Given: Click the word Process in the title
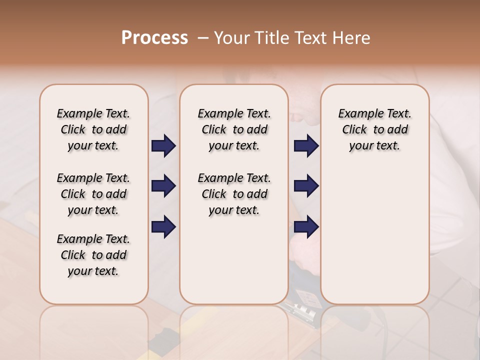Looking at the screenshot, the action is pyautogui.click(x=154, y=38).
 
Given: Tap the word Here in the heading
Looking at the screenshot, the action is pyautogui.click(x=352, y=38).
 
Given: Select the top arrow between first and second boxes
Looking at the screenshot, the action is pyautogui.click(x=163, y=145).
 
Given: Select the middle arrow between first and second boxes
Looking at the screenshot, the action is pyautogui.click(x=163, y=186).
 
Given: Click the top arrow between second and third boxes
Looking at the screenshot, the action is pyautogui.click(x=306, y=145).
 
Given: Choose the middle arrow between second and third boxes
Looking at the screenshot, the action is pyautogui.click(x=306, y=186).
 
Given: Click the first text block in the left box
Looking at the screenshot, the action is pyautogui.click(x=93, y=129).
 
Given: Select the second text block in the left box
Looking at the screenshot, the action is pyautogui.click(x=93, y=194).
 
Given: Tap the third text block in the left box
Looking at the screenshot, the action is pyautogui.click(x=93, y=255).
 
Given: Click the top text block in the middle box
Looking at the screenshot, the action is pyautogui.click(x=234, y=129).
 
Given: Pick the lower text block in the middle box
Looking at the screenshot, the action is pyautogui.click(x=234, y=194).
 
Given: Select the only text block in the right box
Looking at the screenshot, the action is pyautogui.click(x=375, y=129).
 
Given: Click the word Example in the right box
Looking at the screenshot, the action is pyautogui.click(x=358, y=114).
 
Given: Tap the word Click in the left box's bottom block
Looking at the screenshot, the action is pyautogui.click(x=73, y=255).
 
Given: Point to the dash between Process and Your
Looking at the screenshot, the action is pyautogui.click(x=203, y=38).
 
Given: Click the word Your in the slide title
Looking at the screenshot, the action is pyautogui.click(x=231, y=38).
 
